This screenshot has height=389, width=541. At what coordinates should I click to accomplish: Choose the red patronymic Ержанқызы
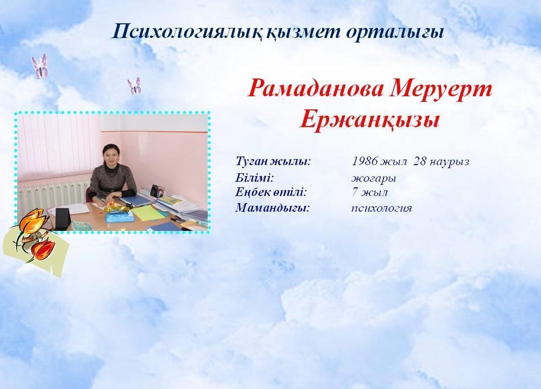pos(369,121)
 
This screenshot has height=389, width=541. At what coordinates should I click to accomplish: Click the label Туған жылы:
pos(273,161)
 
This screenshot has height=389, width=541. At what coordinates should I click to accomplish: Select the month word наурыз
pos(449,162)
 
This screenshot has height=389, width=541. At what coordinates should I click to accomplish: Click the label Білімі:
pos(255,178)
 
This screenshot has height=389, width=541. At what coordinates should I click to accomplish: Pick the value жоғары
pos(374,178)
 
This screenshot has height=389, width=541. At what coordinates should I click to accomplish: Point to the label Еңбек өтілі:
pos(271,192)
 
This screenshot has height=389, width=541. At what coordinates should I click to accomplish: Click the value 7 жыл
pos(370,192)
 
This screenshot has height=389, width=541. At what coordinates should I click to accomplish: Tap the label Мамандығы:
pos(273,208)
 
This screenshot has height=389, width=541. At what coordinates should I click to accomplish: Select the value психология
pos(382,208)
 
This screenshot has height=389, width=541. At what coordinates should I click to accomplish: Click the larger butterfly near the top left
pos(40,65)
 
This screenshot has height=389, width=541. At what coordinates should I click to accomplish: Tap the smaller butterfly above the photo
pos(134,86)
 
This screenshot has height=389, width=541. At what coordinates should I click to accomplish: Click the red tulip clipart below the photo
pos(43,250)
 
